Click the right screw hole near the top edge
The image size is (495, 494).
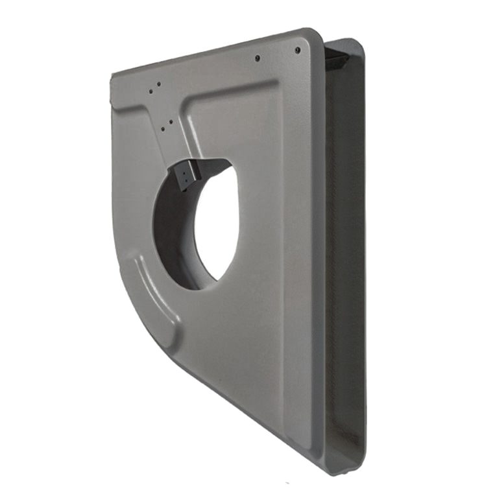[298, 50]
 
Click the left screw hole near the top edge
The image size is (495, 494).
[258, 58]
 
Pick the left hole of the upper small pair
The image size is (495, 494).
[151, 91]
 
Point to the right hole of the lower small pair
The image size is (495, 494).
[171, 121]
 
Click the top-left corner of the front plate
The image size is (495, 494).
[113, 76]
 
